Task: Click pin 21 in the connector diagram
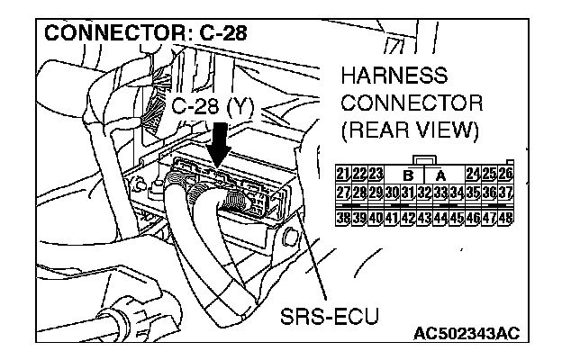click(342, 174)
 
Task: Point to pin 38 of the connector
click(342, 217)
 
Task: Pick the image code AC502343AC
click(466, 336)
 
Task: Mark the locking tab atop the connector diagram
click(424, 160)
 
